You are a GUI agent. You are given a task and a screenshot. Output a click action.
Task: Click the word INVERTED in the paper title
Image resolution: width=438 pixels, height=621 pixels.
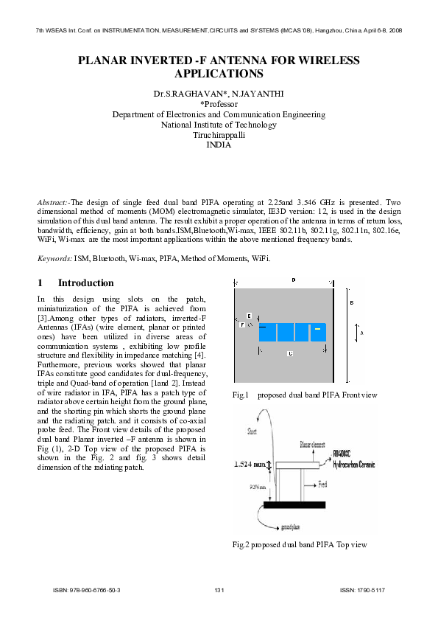[153, 60]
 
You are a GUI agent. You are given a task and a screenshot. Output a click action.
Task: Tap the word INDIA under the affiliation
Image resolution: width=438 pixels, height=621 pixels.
[219, 145]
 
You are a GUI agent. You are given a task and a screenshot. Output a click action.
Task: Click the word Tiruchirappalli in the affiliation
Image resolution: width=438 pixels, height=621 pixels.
[219, 135]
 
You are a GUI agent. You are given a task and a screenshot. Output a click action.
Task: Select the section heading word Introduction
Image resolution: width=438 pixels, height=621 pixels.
[85, 283]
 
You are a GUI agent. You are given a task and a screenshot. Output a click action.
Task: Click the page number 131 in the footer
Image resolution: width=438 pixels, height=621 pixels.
[219, 591]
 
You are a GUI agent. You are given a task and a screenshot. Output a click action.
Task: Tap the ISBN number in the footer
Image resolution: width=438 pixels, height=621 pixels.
[87, 591]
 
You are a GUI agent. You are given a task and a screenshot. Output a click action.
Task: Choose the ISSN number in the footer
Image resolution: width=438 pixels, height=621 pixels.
[363, 591]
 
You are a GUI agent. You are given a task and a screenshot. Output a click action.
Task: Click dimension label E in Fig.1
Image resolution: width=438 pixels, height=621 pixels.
[249, 316]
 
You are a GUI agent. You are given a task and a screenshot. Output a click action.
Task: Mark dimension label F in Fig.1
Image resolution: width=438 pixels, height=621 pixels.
[242, 325]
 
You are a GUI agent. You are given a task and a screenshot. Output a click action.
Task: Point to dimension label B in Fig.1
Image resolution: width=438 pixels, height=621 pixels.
[352, 302]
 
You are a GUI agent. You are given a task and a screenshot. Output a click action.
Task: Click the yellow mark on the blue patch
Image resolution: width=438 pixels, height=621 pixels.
[317, 328]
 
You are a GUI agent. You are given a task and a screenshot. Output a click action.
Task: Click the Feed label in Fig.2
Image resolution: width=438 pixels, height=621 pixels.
[322, 485]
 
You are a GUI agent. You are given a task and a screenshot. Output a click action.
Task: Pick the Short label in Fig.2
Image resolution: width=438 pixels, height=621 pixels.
[252, 431]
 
